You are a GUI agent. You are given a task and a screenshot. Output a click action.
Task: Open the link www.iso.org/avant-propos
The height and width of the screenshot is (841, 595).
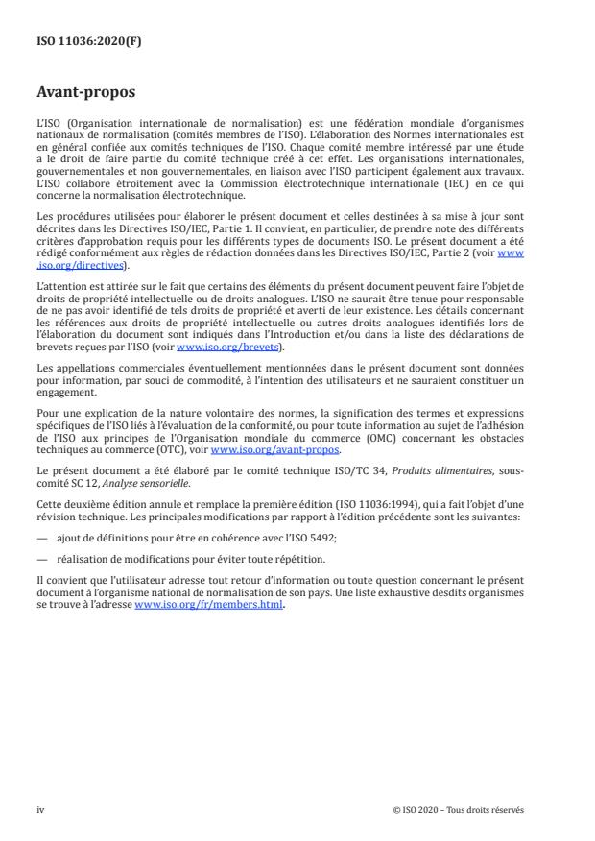pos(274,449)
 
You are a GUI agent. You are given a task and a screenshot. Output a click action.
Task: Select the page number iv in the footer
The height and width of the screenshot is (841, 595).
pos(40,808)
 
